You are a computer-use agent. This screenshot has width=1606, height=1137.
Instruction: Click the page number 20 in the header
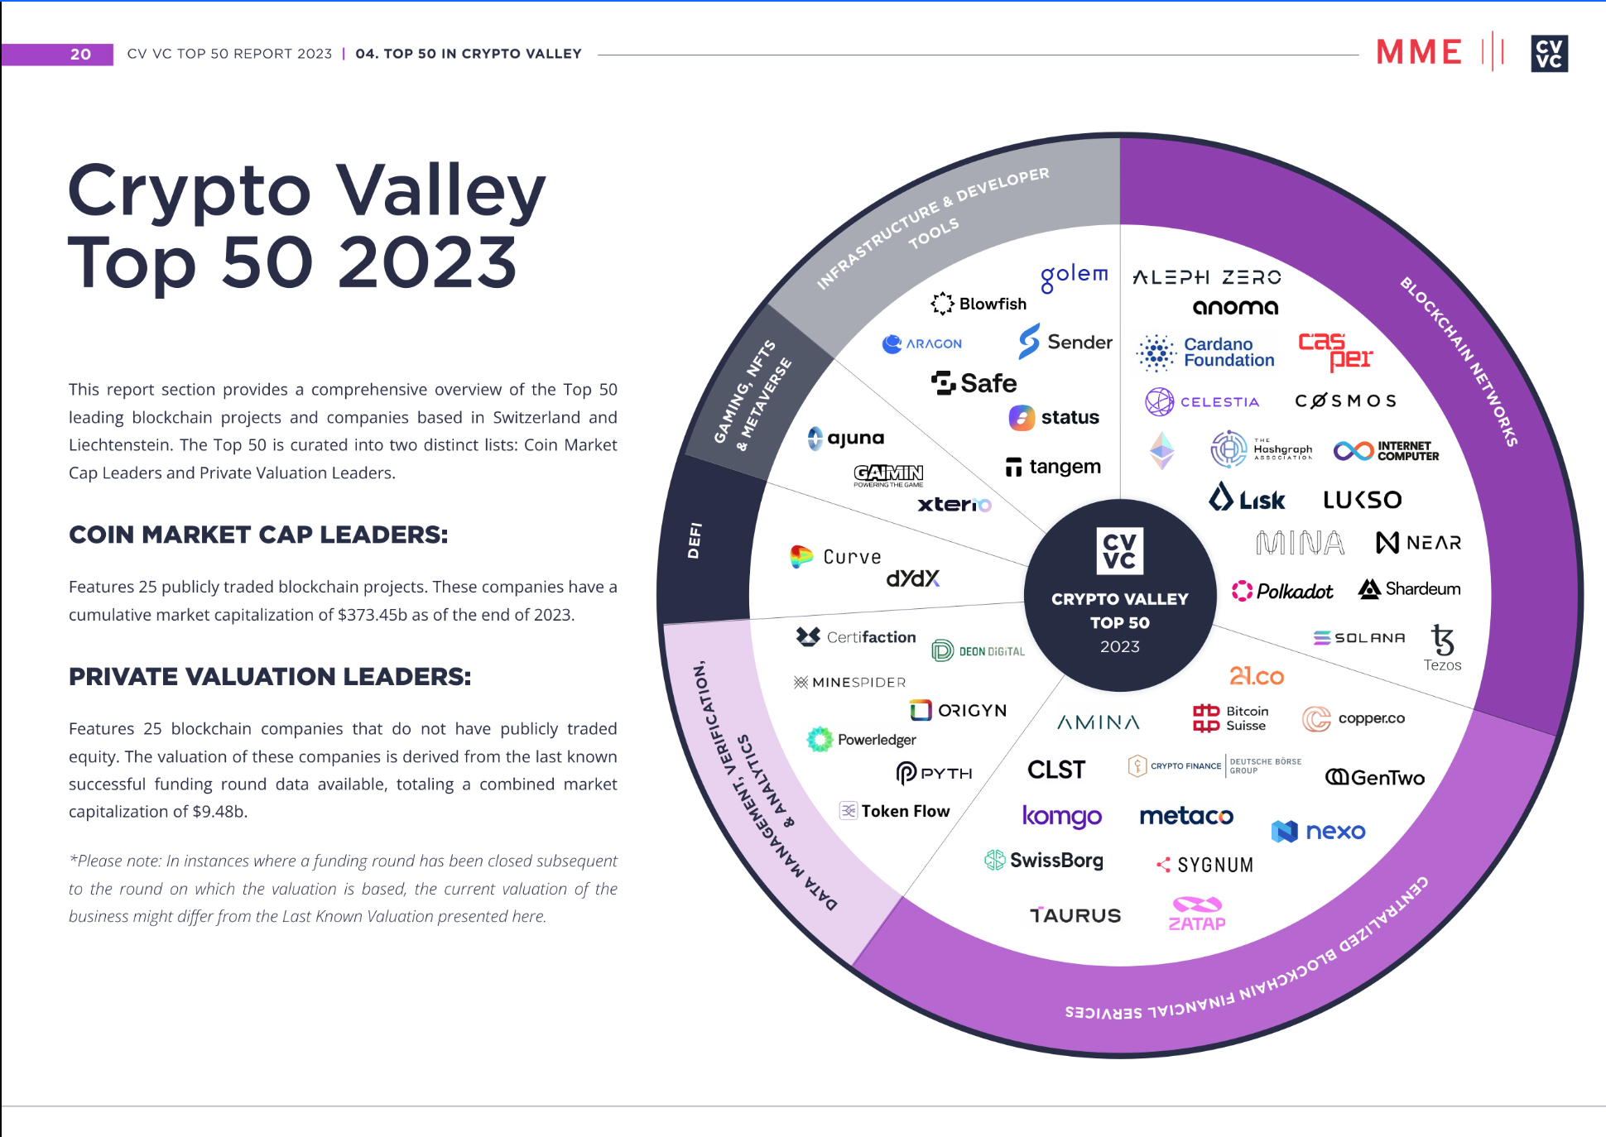tap(80, 55)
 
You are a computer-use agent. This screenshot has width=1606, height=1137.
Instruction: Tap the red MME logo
tap(1418, 52)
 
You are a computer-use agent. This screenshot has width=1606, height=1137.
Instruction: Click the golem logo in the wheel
tap(1074, 276)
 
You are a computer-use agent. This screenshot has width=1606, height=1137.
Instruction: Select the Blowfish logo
tap(979, 304)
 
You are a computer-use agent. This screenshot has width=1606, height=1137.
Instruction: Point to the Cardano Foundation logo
tap(1205, 353)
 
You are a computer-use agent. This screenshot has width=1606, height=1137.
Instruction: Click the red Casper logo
tap(1334, 351)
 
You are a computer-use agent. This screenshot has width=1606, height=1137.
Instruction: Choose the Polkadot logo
tap(1282, 591)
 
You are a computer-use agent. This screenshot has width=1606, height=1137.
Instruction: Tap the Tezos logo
tap(1442, 648)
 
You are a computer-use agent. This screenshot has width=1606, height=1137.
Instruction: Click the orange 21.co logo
tap(1256, 676)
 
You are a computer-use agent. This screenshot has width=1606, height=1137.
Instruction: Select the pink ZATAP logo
tap(1197, 914)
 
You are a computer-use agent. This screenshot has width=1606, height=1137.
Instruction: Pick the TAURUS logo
tap(1075, 915)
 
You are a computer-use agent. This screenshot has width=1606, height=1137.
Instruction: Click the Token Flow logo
tap(895, 811)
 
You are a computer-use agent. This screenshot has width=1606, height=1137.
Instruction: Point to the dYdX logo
tap(912, 578)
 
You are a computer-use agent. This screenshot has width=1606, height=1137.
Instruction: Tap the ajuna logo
tap(846, 438)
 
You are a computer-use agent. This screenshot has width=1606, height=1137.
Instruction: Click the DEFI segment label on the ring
tap(695, 540)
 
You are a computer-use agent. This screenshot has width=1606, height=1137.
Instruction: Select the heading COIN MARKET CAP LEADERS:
tap(258, 535)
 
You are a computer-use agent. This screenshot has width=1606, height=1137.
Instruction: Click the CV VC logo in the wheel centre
tap(1119, 551)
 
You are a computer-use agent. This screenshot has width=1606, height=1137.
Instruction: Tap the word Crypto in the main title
tap(190, 192)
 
